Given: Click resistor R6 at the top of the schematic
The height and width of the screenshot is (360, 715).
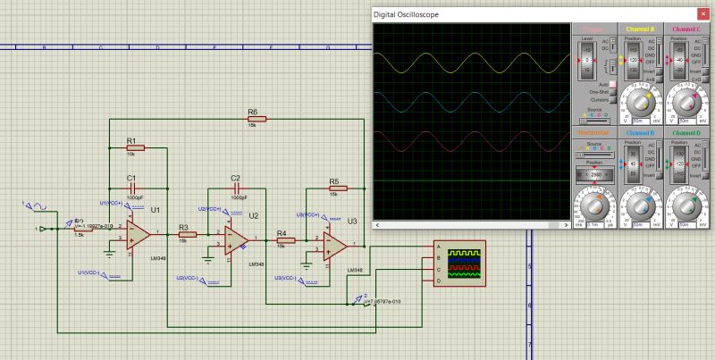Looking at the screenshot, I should (x=253, y=119).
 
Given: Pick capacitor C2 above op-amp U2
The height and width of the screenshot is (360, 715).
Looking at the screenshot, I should (x=236, y=188).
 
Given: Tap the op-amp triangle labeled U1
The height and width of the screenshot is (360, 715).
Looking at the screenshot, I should (x=139, y=233).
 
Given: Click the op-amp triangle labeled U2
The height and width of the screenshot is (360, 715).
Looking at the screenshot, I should (x=236, y=239).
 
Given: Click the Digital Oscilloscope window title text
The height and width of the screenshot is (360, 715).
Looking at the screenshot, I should (x=406, y=15).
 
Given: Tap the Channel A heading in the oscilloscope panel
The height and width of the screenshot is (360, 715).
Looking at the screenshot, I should (x=640, y=29).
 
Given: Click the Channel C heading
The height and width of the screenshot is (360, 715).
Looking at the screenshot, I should (x=686, y=29).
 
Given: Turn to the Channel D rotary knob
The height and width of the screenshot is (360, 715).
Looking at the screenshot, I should (x=687, y=206).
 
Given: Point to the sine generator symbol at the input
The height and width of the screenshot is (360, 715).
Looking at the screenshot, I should (x=38, y=207).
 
